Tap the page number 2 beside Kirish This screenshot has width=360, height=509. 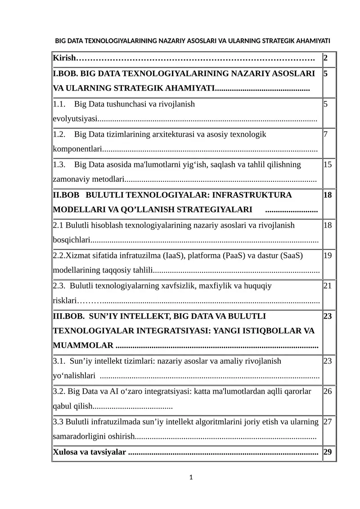(x=325, y=59)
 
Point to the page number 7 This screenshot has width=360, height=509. (x=325, y=135)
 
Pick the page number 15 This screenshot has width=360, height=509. (x=328, y=165)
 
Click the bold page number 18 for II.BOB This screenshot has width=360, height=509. (x=328, y=195)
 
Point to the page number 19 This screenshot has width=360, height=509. (x=328, y=256)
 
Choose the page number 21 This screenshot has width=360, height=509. (x=328, y=286)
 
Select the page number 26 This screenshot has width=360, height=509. (x=328, y=392)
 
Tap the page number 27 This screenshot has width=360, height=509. (x=328, y=422)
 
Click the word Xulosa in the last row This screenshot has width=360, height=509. (x=66, y=452)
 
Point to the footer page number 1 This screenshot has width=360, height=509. (x=191, y=477)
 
